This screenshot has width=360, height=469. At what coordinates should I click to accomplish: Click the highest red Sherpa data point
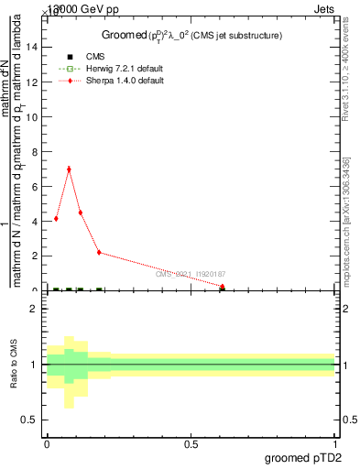tap(69, 169)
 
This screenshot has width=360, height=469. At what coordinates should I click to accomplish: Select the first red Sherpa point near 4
tap(56, 218)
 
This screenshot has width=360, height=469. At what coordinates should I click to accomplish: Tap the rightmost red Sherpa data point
tap(223, 287)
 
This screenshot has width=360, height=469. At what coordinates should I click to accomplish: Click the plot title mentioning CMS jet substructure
tap(191, 36)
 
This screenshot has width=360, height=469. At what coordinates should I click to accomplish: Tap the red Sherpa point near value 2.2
tap(99, 252)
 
